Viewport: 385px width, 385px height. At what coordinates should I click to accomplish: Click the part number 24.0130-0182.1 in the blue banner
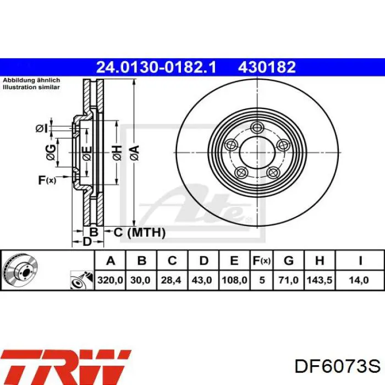tap(156, 67)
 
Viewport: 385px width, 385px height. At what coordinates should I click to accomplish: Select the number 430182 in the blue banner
tap(267, 67)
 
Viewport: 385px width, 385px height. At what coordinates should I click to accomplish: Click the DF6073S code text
tap(337, 367)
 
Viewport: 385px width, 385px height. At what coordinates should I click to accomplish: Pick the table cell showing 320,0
tap(110, 280)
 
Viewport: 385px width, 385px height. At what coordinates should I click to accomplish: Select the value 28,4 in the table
tap(171, 280)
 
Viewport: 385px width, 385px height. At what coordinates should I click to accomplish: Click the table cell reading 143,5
tap(320, 280)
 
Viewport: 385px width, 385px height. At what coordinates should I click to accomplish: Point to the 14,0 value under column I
tap(359, 280)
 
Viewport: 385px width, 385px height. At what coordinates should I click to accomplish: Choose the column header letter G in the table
tap(289, 260)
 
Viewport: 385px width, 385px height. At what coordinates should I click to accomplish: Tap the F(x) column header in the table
tap(262, 261)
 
